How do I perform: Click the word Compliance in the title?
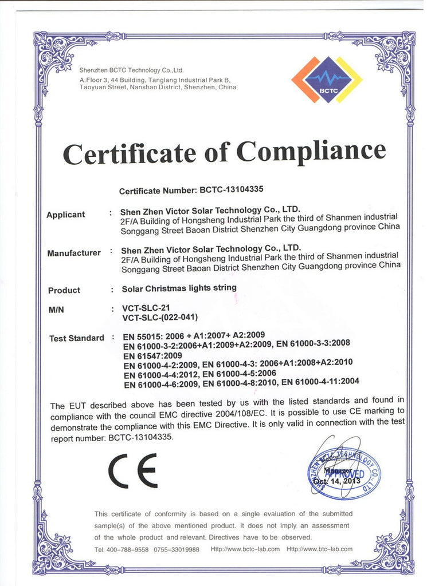click(x=311, y=152)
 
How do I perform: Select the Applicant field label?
click(x=65, y=215)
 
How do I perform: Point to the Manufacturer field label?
click(x=74, y=253)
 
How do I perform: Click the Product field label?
click(x=64, y=290)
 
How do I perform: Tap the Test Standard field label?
click(x=77, y=338)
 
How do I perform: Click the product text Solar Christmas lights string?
click(x=179, y=288)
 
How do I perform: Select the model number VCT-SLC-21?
click(x=146, y=308)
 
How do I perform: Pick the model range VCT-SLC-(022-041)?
click(x=161, y=318)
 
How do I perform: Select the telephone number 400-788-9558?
click(x=127, y=549)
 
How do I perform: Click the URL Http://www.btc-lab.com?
click(x=319, y=549)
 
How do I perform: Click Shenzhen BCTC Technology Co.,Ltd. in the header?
click(x=131, y=70)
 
